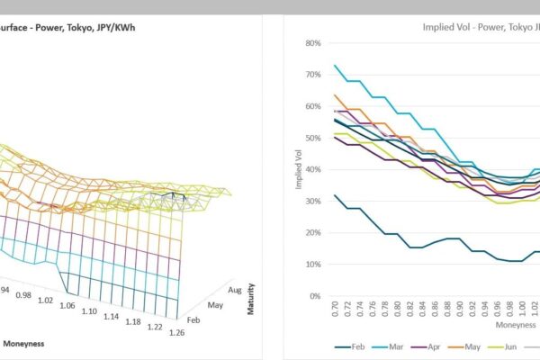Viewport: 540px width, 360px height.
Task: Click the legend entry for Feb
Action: pyautogui.click(x=352, y=346)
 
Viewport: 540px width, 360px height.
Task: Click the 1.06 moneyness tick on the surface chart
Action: pyautogui.click(x=67, y=305)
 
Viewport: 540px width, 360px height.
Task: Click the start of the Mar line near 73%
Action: pyautogui.click(x=336, y=66)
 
